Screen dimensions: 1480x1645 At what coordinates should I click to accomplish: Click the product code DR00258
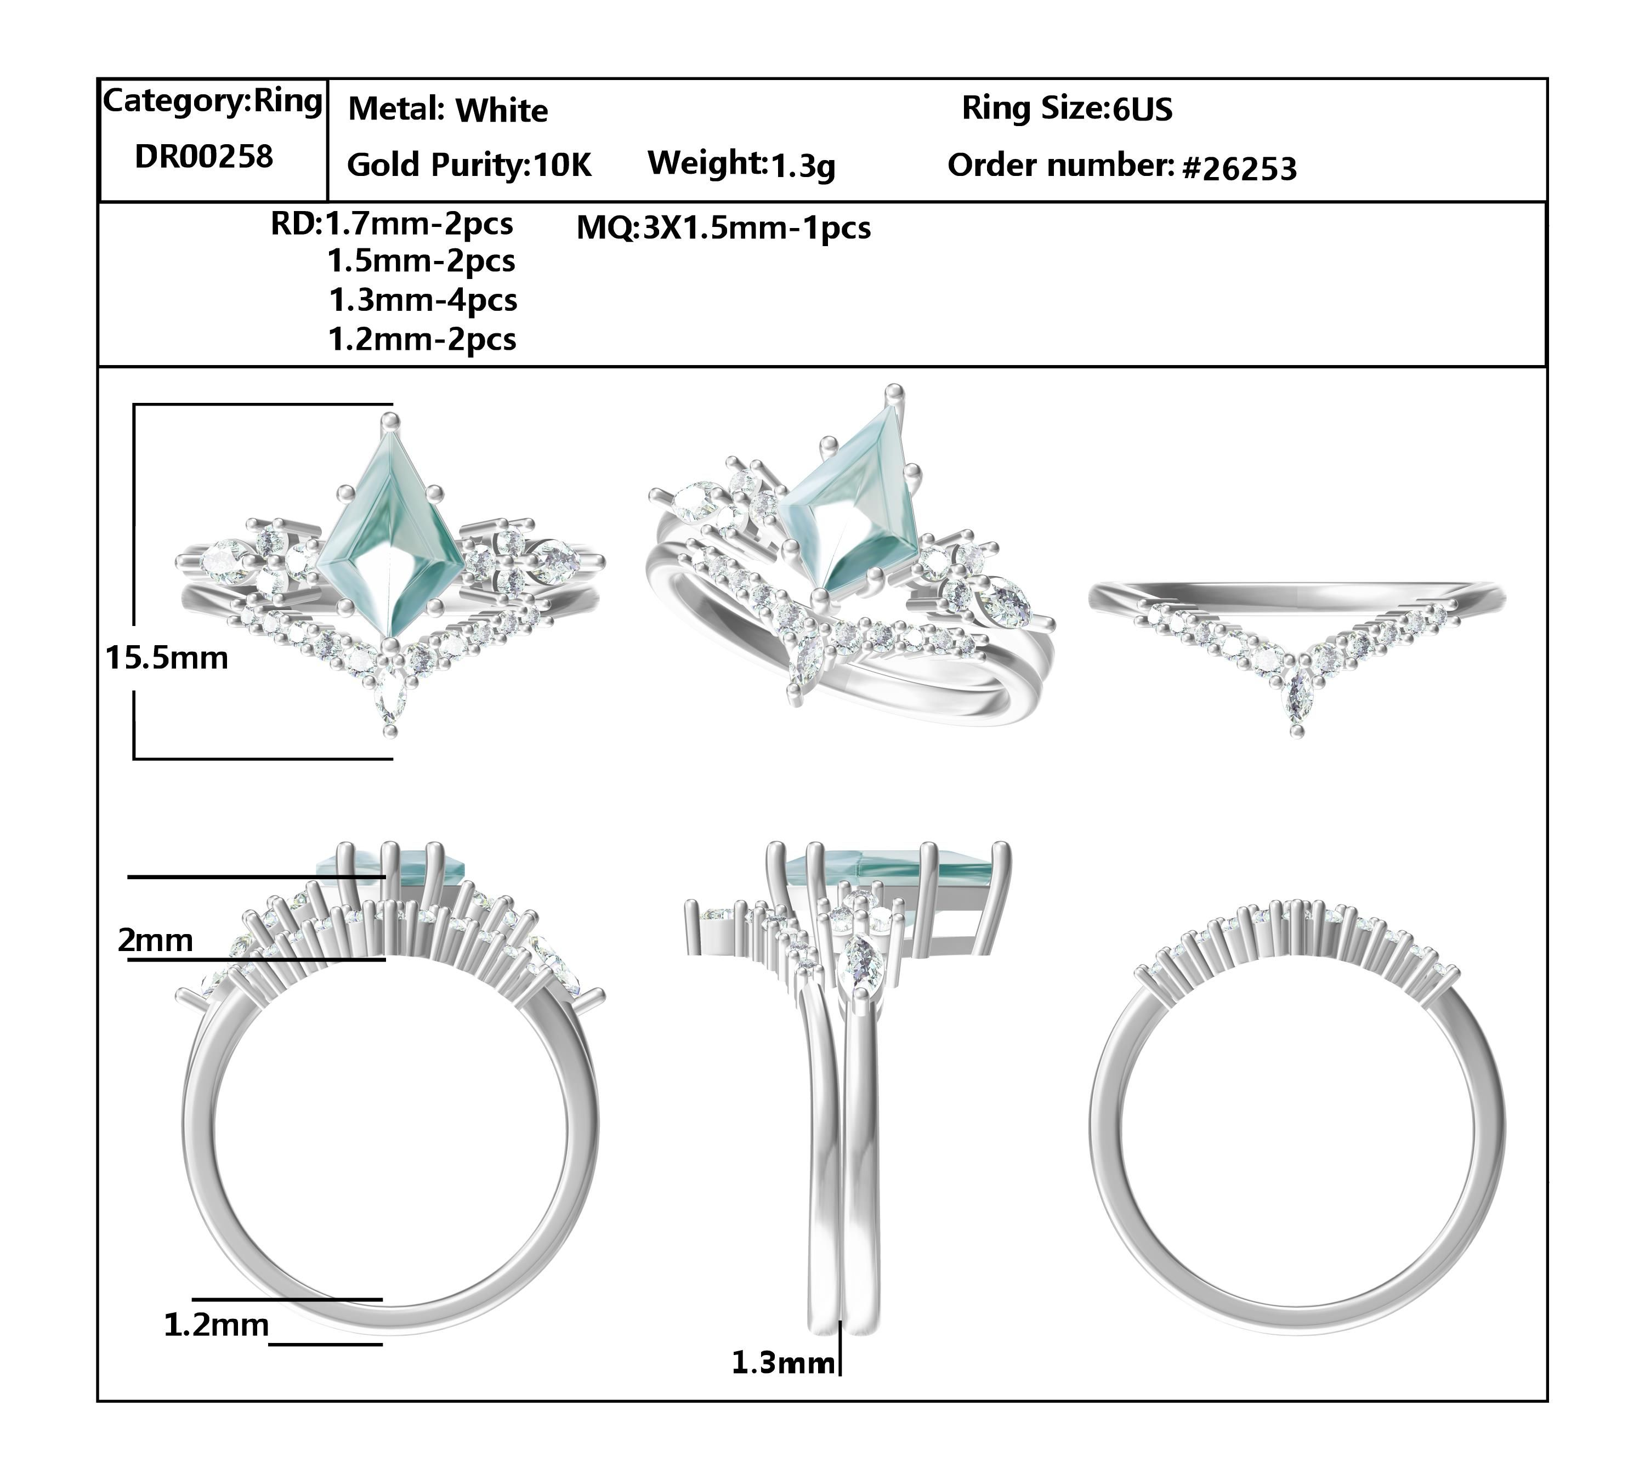(x=203, y=156)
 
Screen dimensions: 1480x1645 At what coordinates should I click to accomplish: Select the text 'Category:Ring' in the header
(x=212, y=101)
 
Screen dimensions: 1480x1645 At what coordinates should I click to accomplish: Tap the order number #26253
(x=1239, y=168)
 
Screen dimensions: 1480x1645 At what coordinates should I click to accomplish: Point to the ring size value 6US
(x=1142, y=109)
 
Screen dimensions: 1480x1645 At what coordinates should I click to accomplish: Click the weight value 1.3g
(x=802, y=166)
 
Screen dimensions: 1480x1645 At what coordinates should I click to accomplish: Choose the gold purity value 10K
(x=561, y=165)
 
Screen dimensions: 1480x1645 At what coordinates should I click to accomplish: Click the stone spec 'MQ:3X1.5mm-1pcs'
(x=723, y=227)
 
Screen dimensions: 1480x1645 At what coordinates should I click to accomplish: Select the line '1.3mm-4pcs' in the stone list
(x=423, y=300)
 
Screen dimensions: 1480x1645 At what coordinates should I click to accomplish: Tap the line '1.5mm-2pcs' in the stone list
(x=422, y=261)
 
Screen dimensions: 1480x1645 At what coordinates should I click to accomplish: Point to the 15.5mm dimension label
(x=167, y=657)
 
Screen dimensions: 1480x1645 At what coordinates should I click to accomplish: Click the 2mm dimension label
(x=155, y=940)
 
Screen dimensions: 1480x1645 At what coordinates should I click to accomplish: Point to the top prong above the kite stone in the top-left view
(x=392, y=420)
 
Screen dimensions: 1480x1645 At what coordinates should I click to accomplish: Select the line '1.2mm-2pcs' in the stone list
(x=422, y=339)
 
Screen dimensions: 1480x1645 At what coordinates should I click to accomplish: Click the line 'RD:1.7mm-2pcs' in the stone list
(x=392, y=224)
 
